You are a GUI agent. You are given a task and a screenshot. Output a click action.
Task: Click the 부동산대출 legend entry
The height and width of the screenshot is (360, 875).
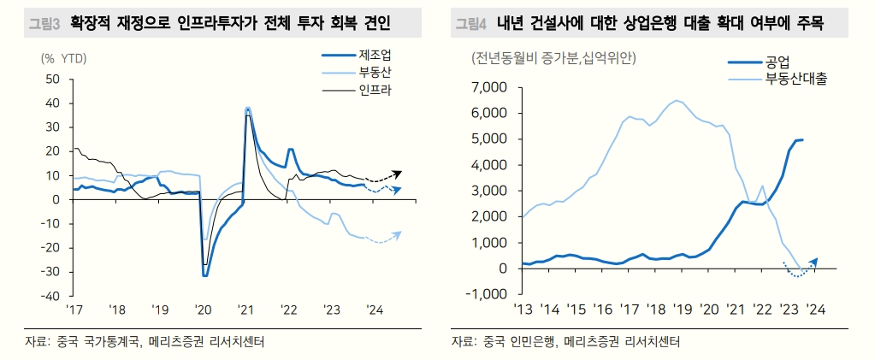point(796,78)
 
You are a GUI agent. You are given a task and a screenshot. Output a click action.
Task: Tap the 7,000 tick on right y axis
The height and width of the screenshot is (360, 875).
point(489,87)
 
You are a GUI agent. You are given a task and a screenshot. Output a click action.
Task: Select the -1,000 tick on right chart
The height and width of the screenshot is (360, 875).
point(487,294)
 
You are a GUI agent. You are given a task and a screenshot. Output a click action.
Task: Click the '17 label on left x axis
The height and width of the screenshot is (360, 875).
point(75,310)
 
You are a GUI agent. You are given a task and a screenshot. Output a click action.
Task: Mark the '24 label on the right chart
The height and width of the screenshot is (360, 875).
point(816,310)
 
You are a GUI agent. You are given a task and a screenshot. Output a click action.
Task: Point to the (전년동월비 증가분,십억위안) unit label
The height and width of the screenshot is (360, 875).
point(553,59)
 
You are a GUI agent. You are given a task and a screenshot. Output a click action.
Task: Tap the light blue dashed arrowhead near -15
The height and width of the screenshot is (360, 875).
point(397,233)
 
